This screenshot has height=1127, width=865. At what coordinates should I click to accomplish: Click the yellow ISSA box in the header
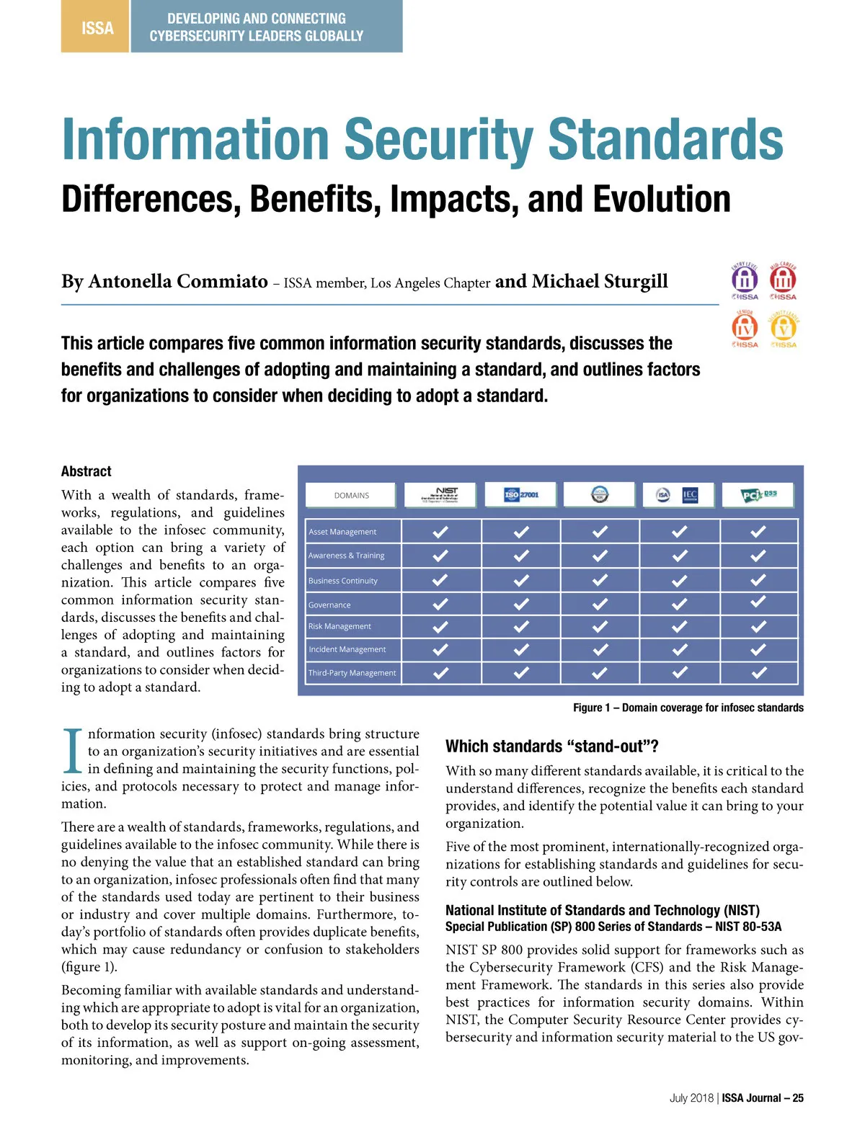(96, 27)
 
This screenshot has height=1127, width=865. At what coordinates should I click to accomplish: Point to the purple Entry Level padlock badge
(745, 280)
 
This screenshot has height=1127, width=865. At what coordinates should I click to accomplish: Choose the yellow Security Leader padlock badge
(784, 328)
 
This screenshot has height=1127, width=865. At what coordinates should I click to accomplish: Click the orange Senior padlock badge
(745, 328)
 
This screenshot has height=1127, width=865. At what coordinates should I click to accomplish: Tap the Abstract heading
(86, 471)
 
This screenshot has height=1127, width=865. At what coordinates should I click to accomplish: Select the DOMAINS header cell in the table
(351, 495)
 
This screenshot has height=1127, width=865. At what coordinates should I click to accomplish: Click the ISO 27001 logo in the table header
(521, 494)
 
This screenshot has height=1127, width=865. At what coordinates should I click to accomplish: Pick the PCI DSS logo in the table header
(758, 494)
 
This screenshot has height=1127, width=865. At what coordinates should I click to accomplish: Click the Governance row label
(329, 605)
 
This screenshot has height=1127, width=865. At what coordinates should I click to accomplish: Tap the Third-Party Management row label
(352, 673)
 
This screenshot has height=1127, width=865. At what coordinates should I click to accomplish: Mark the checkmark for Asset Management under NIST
(440, 532)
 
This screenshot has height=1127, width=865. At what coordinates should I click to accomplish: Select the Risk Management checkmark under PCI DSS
(758, 626)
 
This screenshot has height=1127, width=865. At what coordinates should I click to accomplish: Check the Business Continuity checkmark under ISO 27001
(521, 580)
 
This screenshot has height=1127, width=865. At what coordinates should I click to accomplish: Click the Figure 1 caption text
(688, 708)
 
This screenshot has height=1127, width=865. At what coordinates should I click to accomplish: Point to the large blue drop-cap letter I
(73, 750)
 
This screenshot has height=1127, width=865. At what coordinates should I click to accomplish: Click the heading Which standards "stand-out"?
(552, 746)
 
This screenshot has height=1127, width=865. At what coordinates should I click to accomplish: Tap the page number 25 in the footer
(798, 1098)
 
